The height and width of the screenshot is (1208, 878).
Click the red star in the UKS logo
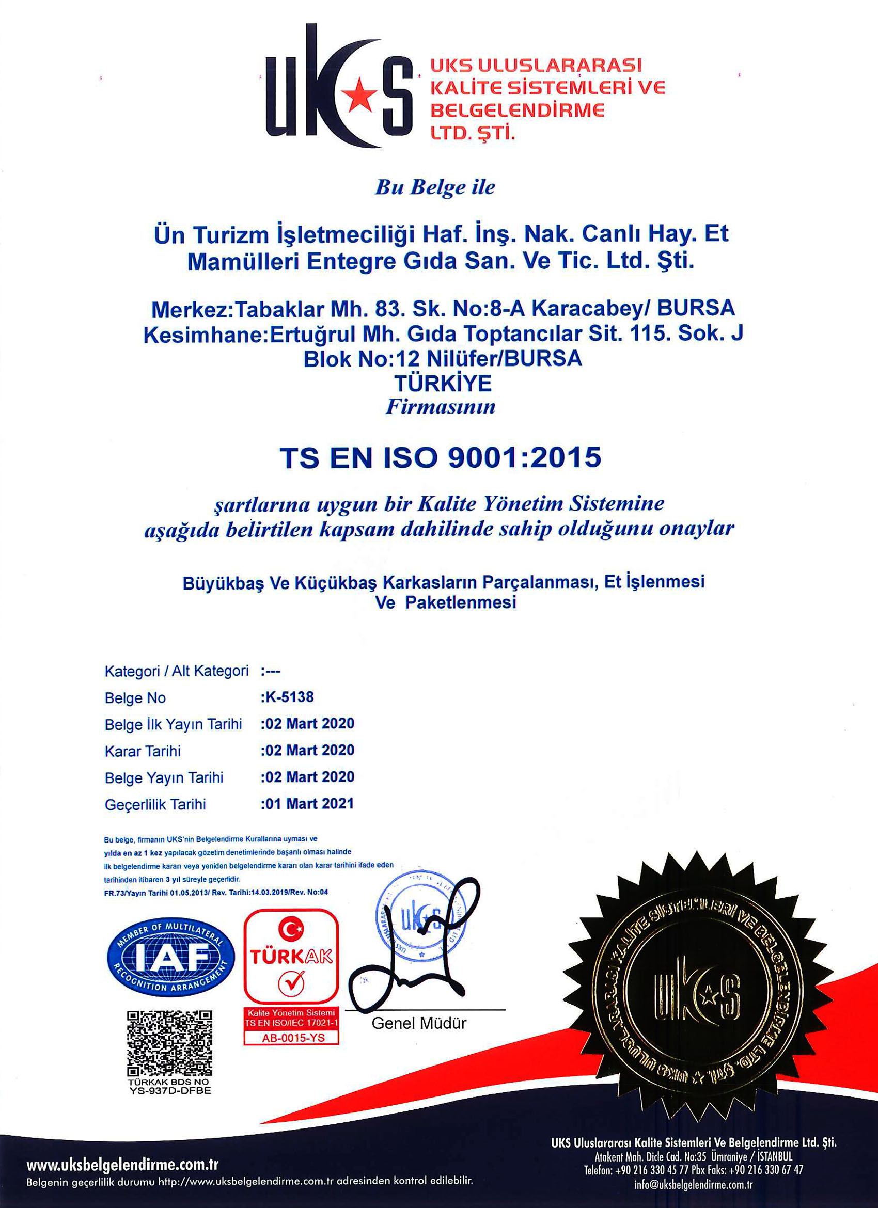point(358,94)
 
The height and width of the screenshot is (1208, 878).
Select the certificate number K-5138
point(288,697)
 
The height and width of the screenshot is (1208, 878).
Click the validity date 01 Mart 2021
point(308,804)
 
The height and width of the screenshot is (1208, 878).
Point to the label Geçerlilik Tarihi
point(155,804)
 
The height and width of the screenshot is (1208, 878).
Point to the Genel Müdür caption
point(419,1023)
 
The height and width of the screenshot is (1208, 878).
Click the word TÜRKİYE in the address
point(442,384)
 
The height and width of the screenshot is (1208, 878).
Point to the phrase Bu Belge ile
point(435,187)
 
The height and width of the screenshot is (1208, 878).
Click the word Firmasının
point(440,407)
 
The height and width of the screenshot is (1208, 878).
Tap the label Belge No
point(135,698)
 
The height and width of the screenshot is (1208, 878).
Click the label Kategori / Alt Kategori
point(176,671)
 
